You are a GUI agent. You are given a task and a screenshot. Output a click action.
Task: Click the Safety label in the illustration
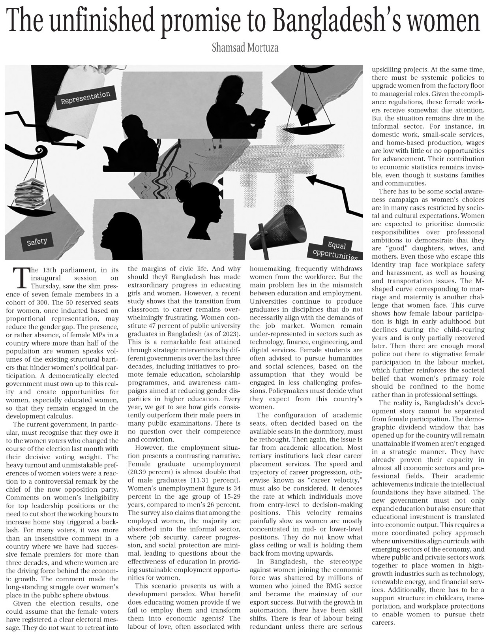click(37, 241)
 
